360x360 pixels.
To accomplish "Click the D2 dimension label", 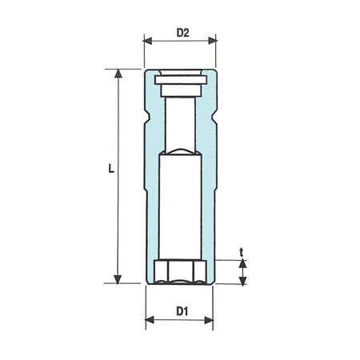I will point(182,34).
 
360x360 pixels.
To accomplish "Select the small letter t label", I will point(242,252).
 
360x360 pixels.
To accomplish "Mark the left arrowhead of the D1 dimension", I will point(150,321).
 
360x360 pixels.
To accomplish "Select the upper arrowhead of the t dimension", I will point(242,264).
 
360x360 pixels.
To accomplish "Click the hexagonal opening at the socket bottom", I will point(181,271).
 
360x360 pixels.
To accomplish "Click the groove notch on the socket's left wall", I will point(147,126).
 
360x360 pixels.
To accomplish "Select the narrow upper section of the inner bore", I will point(179,120).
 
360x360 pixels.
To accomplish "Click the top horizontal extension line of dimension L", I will point(128,70).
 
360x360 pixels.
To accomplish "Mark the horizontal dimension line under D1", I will point(180,321).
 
